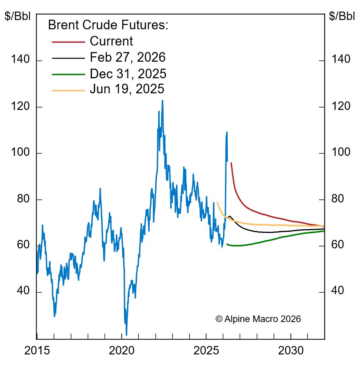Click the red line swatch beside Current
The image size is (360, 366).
point(68,41)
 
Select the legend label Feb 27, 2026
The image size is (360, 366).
point(127,58)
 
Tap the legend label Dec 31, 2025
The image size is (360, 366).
point(128,74)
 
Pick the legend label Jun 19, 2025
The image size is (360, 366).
point(127,89)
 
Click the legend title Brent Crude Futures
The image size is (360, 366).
point(108,25)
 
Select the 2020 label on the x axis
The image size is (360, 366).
point(122,351)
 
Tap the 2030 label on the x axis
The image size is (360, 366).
point(291,351)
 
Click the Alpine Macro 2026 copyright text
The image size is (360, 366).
point(258,319)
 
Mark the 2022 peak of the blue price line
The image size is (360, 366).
point(162,101)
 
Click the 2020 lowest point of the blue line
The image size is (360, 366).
point(127,335)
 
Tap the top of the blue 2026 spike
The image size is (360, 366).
point(227,132)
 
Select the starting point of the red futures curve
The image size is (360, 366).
point(231,163)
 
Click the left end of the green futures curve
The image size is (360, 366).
point(226,244)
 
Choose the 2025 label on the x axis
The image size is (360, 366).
point(206,351)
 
